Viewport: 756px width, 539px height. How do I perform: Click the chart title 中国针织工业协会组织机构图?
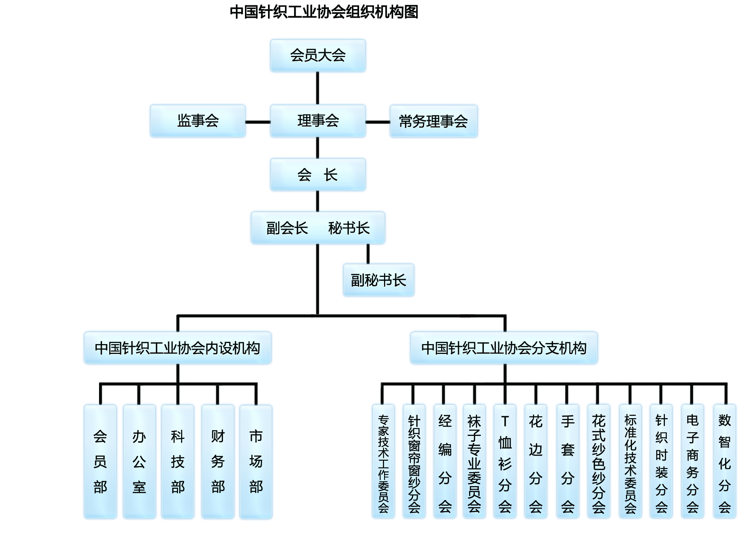click(324, 12)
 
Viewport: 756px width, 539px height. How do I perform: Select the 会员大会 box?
click(318, 56)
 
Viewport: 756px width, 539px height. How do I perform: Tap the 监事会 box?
click(198, 121)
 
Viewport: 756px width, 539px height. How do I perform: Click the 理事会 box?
click(318, 121)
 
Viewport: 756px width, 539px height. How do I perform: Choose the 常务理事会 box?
click(434, 121)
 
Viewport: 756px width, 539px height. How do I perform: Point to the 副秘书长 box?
click(378, 280)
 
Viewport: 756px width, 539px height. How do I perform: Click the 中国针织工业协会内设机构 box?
click(178, 348)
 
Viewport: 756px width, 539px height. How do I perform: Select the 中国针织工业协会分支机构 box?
click(504, 348)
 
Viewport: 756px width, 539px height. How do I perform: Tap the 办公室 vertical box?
click(139, 461)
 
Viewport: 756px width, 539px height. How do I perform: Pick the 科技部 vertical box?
click(178, 461)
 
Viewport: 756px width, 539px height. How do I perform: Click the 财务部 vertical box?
click(218, 461)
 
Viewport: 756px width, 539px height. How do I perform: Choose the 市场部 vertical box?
click(256, 462)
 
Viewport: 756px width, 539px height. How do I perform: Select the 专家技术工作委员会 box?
click(383, 461)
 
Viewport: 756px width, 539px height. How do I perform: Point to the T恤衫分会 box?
click(505, 461)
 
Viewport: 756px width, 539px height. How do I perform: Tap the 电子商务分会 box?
click(692, 461)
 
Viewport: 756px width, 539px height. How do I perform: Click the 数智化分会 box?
click(725, 461)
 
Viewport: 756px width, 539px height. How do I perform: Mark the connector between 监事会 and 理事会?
click(258, 122)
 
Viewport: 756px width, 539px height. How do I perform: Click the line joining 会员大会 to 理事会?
click(318, 88)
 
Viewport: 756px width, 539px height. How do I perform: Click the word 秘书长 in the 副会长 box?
click(349, 228)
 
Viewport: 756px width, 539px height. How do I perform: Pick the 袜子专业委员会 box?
click(474, 461)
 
